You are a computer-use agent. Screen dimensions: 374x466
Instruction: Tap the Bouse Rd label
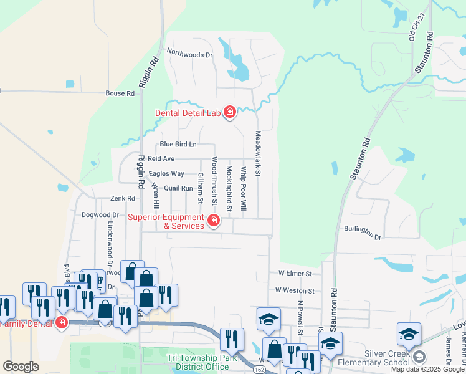click(x=120, y=93)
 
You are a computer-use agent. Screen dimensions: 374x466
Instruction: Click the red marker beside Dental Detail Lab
click(x=229, y=112)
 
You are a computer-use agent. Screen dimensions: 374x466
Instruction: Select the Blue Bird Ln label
click(x=178, y=145)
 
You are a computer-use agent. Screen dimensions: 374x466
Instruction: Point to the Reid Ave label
click(x=161, y=159)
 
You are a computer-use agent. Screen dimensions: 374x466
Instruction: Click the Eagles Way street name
click(x=166, y=174)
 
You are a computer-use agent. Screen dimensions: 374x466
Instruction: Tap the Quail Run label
click(x=179, y=188)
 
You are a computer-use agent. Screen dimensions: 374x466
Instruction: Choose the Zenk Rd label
click(x=123, y=199)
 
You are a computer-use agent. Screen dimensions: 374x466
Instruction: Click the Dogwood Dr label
click(x=100, y=214)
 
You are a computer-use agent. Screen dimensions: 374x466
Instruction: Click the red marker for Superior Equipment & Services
click(x=214, y=220)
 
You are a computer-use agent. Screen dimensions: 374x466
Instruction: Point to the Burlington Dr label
click(x=363, y=232)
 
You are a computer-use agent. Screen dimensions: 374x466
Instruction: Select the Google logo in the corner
click(x=21, y=367)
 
